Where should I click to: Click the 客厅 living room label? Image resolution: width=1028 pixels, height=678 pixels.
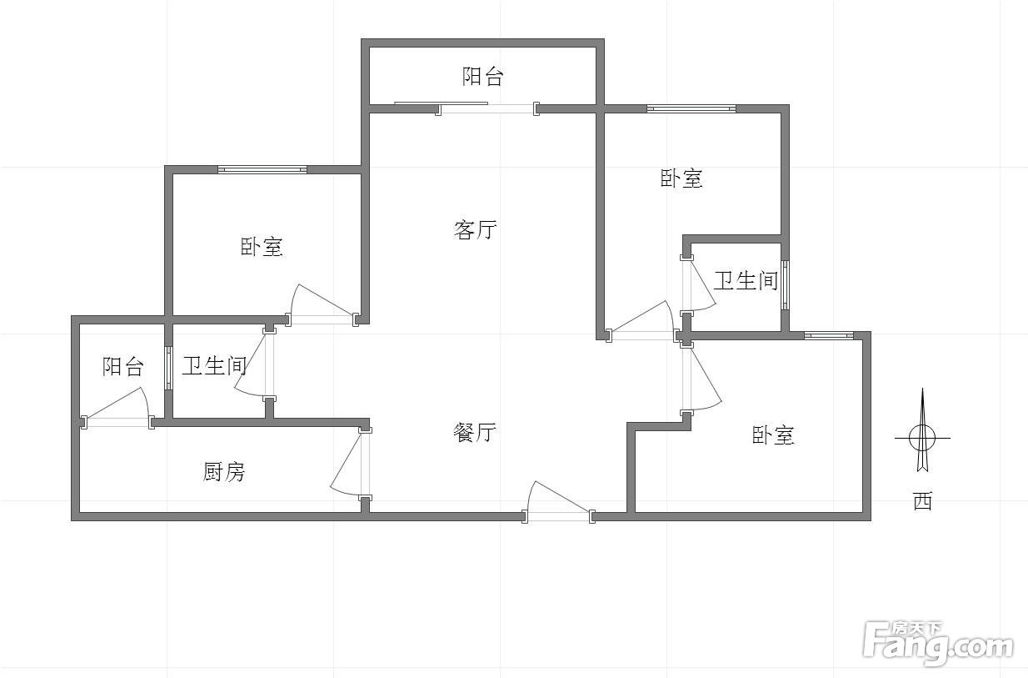tap(475, 229)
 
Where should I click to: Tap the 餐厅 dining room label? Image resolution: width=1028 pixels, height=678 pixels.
tap(475, 432)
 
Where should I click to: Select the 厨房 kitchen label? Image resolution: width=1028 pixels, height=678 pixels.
tap(224, 472)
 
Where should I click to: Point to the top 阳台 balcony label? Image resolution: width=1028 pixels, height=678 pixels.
tap(483, 76)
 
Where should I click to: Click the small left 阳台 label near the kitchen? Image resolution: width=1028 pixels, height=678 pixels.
tap(123, 367)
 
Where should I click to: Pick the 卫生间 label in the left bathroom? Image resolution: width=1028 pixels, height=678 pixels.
tap(214, 365)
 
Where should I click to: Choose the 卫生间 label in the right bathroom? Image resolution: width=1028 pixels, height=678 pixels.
tap(746, 281)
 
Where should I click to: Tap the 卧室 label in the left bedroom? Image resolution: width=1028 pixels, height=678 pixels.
tap(262, 247)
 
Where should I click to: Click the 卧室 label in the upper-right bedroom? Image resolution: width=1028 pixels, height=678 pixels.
tap(681, 178)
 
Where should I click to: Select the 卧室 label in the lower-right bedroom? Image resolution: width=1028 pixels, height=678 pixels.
tap(773, 435)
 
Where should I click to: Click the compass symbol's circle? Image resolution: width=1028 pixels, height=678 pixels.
tap(922, 438)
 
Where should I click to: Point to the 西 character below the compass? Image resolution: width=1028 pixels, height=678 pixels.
tap(922, 501)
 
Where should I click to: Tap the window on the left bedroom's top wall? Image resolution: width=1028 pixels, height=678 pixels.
tap(262, 169)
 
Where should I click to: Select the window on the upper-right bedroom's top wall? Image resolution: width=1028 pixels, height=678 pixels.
tap(691, 109)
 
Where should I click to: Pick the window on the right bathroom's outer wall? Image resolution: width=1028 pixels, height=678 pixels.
tap(786, 285)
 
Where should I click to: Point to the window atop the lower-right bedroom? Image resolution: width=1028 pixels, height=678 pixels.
tap(829, 335)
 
